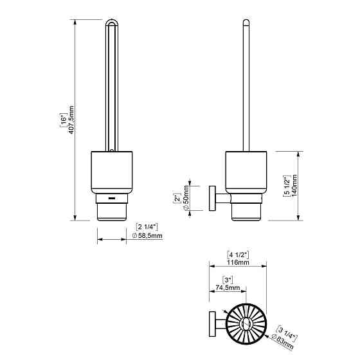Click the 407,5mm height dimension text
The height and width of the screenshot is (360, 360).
(x=71, y=120)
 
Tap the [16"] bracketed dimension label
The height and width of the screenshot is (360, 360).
(x=64, y=120)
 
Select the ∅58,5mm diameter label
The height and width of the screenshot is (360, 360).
(x=147, y=235)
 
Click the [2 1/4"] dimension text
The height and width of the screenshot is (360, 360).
(x=147, y=227)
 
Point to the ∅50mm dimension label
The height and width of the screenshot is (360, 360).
(x=186, y=198)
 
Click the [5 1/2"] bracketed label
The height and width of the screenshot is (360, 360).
(x=287, y=186)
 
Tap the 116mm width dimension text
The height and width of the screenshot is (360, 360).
(x=238, y=262)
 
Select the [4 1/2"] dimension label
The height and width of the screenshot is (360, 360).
(x=238, y=255)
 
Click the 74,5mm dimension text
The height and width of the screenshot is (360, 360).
(x=228, y=287)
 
